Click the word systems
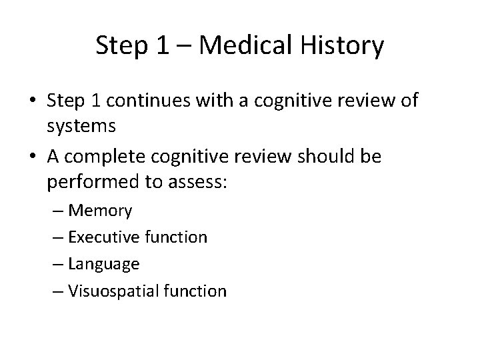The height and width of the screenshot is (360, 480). [x=81, y=125]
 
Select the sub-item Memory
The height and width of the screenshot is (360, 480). [x=100, y=211]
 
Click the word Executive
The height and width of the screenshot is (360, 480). [x=101, y=237]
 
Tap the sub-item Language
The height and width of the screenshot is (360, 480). [x=104, y=265]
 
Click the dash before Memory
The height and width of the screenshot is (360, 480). [x=58, y=212]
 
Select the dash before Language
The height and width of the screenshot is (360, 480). [x=58, y=265]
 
